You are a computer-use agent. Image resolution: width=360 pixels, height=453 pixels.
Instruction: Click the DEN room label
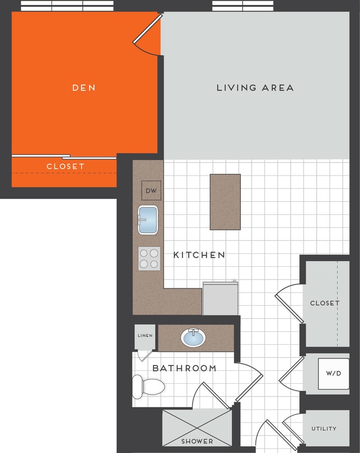84,87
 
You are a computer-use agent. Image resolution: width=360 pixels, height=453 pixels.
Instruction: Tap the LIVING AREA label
255,87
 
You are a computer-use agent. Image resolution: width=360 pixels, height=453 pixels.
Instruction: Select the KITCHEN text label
199,255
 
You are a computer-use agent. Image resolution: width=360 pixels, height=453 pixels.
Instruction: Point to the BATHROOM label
184,368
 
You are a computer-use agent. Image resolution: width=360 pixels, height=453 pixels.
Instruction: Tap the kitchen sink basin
149,220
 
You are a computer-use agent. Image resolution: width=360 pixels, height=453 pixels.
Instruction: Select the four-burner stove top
149,258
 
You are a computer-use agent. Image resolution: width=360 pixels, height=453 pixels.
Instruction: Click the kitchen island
225,202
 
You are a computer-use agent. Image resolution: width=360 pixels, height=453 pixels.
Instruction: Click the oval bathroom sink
193,338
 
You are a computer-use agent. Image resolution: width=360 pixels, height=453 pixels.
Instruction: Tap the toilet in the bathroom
148,386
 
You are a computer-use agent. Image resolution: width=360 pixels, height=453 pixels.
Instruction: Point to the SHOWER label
196,441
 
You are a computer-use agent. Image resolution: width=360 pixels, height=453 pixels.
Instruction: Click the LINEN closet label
144,335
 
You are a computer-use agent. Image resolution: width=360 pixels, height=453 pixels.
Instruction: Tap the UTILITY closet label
324,428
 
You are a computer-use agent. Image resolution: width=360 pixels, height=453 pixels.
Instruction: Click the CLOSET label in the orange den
65,166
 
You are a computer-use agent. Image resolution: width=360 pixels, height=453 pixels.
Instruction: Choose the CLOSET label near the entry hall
325,303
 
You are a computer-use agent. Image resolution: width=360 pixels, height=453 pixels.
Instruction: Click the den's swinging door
148,35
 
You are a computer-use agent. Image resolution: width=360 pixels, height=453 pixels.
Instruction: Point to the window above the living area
243,6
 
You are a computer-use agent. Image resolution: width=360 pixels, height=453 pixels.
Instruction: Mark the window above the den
67,6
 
